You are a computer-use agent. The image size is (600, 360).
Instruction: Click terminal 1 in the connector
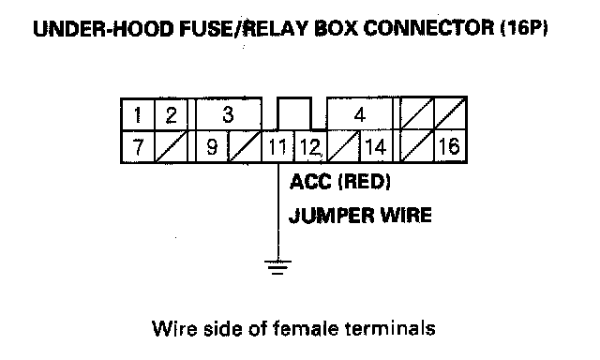coord(138,114)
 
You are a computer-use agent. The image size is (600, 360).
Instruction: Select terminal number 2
coord(171,114)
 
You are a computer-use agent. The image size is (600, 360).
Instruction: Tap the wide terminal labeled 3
coord(229,114)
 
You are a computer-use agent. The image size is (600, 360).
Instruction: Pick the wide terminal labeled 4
coord(360,114)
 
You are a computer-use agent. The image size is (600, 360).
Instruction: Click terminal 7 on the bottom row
coord(138,146)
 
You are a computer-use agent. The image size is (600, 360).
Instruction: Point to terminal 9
coord(212,146)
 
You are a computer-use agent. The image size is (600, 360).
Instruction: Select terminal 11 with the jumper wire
coord(277,146)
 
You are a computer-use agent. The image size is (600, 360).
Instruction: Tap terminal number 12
coord(310,146)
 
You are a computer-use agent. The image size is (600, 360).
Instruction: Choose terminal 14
coord(376,146)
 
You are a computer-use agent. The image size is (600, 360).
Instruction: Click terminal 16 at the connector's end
coord(450,146)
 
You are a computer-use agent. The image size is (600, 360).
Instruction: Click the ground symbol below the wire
coord(277,267)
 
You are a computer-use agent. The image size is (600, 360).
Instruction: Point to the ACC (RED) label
coord(340,182)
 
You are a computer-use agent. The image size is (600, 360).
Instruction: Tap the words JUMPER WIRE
coord(360,216)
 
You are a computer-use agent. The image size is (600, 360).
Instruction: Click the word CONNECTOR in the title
coord(428,28)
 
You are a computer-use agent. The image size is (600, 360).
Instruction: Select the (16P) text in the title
coord(525,28)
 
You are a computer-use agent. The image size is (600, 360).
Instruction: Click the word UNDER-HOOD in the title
coord(103,29)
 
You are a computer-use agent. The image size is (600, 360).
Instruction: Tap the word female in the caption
coord(306,329)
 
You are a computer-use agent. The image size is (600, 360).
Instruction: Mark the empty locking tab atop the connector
coord(293,113)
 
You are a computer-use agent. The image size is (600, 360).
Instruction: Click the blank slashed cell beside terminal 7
coord(171,146)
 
